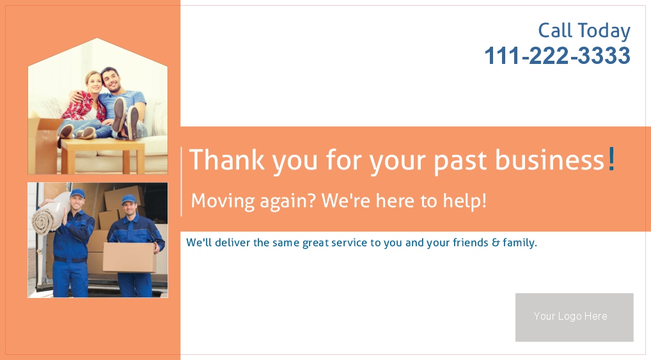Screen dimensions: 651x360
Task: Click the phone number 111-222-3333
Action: tap(557, 56)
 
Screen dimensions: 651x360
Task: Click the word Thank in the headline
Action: tap(226, 159)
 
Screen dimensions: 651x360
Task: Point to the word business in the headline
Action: tap(550, 160)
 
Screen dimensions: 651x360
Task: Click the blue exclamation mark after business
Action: tap(611, 159)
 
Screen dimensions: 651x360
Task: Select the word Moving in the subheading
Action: tap(223, 201)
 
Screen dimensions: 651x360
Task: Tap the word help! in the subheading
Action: tap(464, 201)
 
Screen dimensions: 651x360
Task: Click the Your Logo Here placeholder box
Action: tap(574, 317)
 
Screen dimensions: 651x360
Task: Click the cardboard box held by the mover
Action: tap(129, 258)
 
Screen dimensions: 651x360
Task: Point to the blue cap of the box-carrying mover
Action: tap(129, 200)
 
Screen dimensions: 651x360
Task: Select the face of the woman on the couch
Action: tap(94, 82)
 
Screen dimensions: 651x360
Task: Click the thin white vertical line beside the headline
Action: tap(182, 182)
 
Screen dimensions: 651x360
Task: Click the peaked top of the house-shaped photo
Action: tap(97, 39)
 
